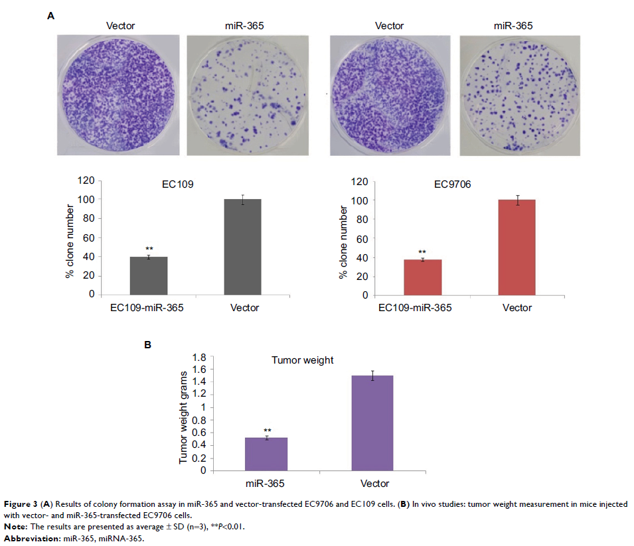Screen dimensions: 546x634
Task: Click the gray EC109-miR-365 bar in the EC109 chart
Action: click(x=148, y=275)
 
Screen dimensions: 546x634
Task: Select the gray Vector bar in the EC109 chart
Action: click(x=242, y=247)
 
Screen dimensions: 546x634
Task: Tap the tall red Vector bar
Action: click(x=516, y=247)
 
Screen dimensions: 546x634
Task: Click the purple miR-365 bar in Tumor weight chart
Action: click(x=266, y=454)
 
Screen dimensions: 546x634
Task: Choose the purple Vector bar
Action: click(x=372, y=423)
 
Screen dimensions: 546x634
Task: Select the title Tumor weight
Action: click(x=302, y=360)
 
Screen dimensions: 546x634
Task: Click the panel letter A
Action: click(x=51, y=14)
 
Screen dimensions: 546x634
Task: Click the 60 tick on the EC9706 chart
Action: click(x=360, y=238)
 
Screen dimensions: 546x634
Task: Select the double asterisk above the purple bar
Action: click(x=267, y=430)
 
